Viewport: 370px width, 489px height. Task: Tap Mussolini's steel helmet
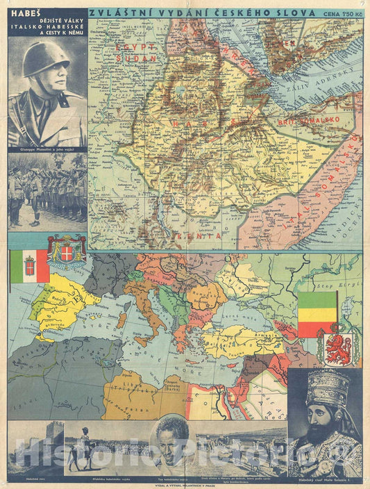coord(46,58)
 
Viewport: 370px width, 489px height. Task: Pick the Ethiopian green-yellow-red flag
coord(317,314)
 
